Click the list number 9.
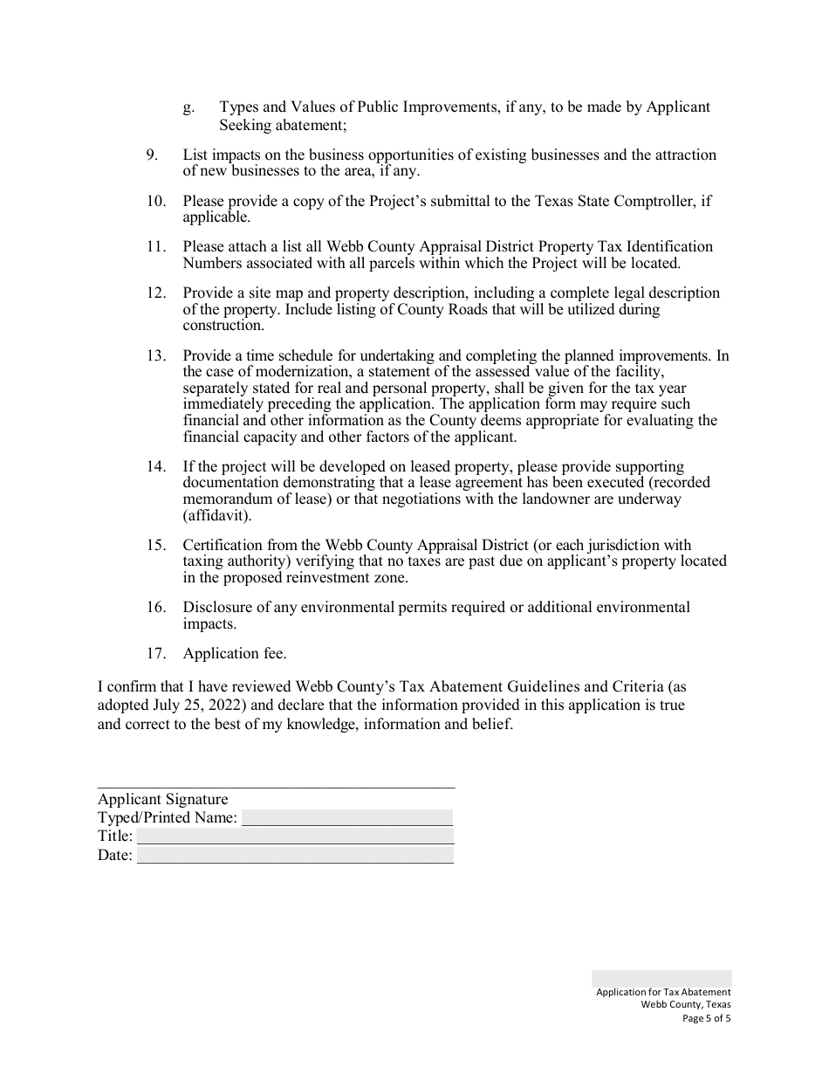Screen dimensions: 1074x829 pos(152,155)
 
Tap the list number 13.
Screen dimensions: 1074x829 pos(155,355)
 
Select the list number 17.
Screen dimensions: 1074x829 pos(155,653)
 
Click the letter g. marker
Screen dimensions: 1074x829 pos(188,107)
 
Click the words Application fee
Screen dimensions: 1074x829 pos(235,653)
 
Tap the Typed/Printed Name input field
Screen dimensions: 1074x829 pos(346,818)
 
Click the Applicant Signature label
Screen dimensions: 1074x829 pos(162,799)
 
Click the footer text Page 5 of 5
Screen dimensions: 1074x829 pos(707,1017)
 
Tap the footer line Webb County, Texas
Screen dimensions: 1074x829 pos(686,1004)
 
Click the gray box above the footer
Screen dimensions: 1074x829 pos(661,978)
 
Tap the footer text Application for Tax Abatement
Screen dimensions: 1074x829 pos(663,992)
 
